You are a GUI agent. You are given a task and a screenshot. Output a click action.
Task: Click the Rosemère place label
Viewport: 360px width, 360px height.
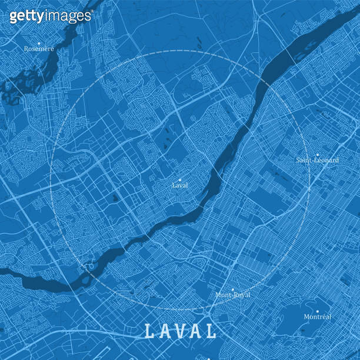click(x=39, y=49)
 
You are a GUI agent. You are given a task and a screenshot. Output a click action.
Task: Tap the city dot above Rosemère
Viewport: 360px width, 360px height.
click(x=39, y=43)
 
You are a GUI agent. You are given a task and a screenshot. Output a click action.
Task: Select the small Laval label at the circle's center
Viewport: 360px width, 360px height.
click(x=180, y=185)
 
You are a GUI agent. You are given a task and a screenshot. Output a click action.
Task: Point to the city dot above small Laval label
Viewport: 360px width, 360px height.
click(x=181, y=179)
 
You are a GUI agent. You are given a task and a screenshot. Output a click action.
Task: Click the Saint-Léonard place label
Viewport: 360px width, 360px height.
click(x=317, y=160)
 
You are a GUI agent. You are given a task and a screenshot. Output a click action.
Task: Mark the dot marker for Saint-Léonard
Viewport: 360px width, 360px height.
click(x=318, y=154)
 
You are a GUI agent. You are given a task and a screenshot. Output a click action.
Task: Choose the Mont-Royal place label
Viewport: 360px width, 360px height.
click(x=232, y=295)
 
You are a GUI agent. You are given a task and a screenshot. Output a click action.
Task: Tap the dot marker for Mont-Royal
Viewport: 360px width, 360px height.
click(x=232, y=289)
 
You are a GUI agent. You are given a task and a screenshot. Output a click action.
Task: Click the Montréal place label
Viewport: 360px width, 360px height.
click(x=317, y=317)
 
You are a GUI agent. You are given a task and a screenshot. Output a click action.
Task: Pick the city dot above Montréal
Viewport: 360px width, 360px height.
click(x=317, y=311)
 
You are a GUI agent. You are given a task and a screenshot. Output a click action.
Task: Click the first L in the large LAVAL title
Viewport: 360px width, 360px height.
click(x=149, y=332)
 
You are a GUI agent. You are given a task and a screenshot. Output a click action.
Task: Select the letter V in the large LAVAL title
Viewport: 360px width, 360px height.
click(x=181, y=332)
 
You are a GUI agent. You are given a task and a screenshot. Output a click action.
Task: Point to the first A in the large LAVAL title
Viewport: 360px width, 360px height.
click(x=165, y=332)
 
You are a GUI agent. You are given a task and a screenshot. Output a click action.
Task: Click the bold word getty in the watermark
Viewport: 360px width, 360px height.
click(x=25, y=16)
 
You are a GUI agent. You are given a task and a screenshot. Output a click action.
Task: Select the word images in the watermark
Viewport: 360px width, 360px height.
click(x=65, y=16)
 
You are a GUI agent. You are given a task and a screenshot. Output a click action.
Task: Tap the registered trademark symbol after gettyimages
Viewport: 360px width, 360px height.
click(x=91, y=11)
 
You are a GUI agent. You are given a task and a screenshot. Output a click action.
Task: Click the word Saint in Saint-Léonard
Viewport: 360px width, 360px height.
click(x=304, y=160)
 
